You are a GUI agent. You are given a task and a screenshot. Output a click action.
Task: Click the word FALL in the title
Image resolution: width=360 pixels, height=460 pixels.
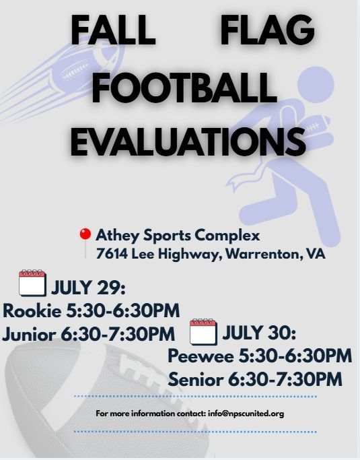pos(113,30)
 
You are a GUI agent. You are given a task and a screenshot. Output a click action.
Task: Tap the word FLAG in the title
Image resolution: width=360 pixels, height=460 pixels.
pos(268,30)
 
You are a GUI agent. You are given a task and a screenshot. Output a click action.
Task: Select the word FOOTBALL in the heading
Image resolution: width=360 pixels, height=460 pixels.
pos(184,87)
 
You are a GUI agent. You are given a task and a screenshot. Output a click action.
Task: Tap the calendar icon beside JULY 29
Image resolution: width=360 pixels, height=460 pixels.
pos(32,283)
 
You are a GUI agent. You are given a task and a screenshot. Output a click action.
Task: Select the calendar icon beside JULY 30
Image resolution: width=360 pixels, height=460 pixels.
pos(203,331)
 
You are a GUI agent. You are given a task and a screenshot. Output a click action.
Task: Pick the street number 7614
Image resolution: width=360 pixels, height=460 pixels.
pos(112,254)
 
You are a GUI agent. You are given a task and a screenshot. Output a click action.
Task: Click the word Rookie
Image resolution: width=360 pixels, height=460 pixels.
pos(32,310)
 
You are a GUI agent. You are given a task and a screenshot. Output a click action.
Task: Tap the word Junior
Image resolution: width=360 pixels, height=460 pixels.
pos(29,334)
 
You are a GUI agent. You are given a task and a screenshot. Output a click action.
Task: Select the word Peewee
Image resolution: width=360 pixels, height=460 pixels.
pos(201,356)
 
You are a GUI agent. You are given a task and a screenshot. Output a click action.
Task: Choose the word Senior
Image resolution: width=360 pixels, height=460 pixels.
pos(196,379)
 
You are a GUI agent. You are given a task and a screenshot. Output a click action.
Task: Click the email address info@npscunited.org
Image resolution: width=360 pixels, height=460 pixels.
pos(246,414)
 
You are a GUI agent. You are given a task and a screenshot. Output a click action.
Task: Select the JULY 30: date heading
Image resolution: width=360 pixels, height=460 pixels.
pos(259,333)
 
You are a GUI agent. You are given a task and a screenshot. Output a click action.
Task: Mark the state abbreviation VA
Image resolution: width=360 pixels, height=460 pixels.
pos(316,254)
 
